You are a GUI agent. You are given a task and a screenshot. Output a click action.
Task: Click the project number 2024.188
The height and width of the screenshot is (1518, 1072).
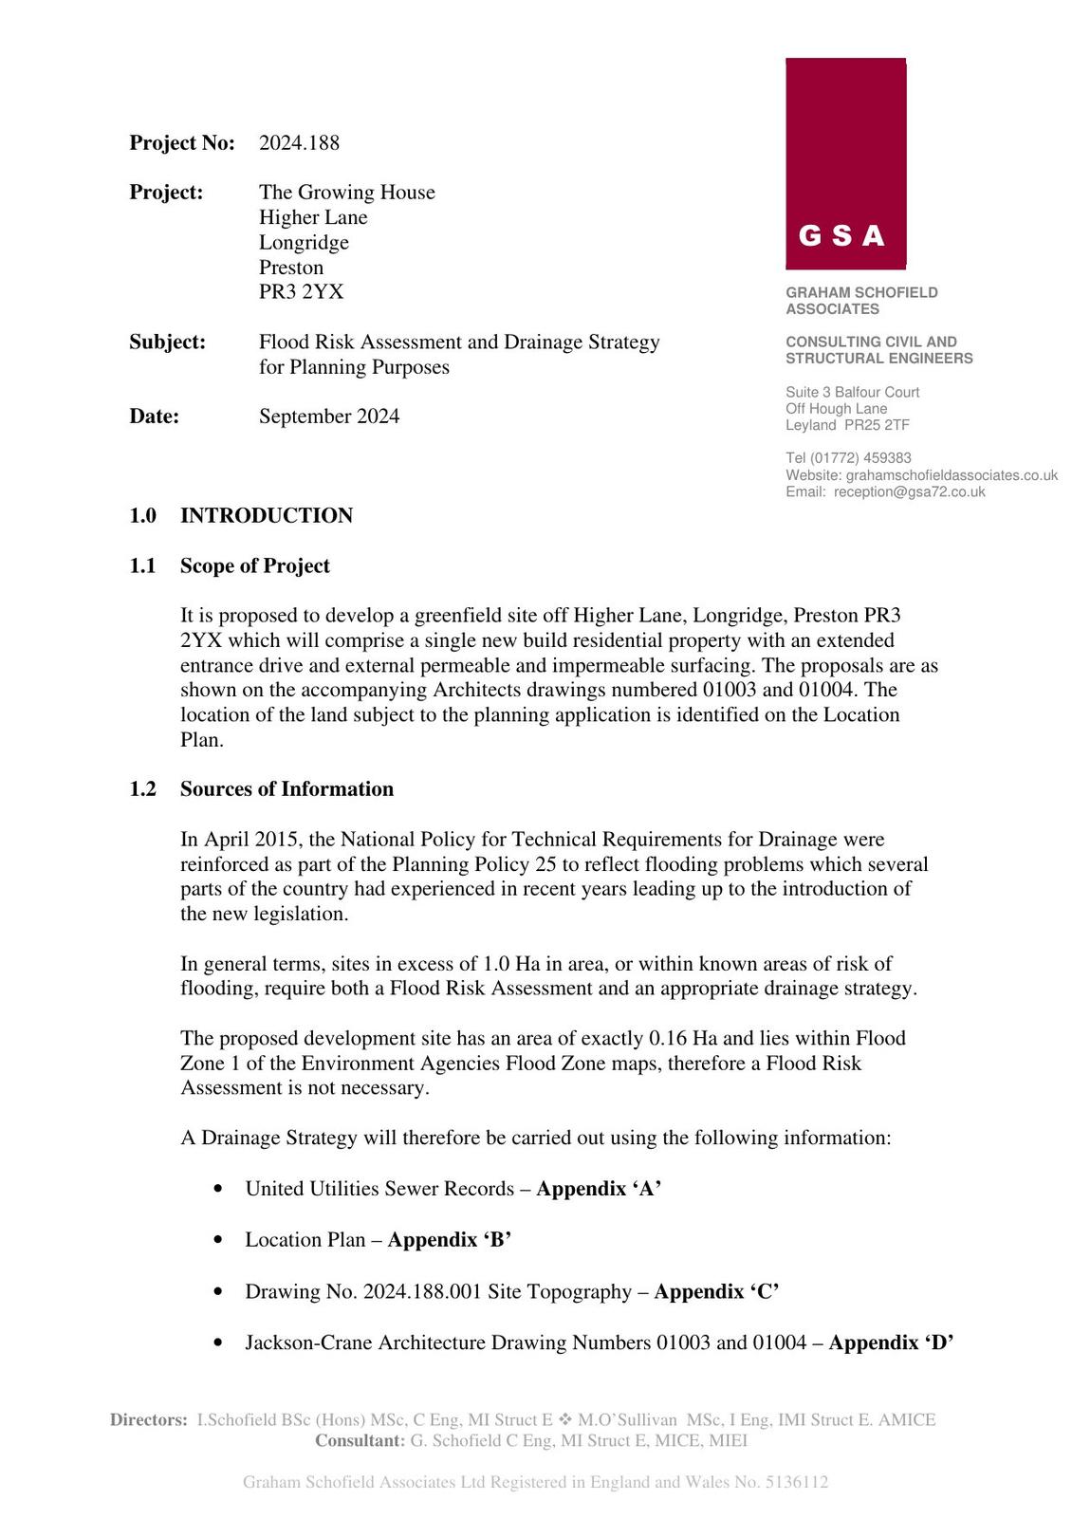pyautogui.click(x=299, y=143)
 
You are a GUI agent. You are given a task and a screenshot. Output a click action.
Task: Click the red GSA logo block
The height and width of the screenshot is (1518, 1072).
pyautogui.click(x=845, y=163)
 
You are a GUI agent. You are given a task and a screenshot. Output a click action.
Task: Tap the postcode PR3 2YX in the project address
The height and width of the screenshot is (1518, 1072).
pyautogui.click(x=301, y=292)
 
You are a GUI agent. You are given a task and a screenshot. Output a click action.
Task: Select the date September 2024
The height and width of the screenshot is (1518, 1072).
pyautogui.click(x=329, y=417)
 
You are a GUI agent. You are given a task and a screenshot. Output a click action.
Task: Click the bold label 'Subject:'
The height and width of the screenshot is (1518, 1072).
pyautogui.click(x=167, y=342)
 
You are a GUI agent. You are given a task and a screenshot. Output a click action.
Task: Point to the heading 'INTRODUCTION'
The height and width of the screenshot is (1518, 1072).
pyautogui.click(x=267, y=516)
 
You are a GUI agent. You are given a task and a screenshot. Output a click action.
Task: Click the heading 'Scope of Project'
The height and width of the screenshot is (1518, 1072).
pyautogui.click(x=255, y=566)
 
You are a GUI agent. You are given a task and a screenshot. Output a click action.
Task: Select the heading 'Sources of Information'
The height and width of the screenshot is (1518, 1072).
pyautogui.click(x=286, y=789)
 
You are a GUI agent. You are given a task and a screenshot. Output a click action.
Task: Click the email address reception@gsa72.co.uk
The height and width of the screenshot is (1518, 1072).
pyautogui.click(x=909, y=492)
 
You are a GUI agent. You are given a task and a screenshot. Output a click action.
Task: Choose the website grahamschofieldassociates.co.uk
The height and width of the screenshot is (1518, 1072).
pyautogui.click(x=952, y=475)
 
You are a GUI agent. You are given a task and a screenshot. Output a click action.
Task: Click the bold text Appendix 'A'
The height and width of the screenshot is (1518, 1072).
pyautogui.click(x=599, y=1189)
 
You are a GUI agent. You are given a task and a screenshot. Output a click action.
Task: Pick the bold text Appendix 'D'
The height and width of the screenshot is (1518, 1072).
pyautogui.click(x=891, y=1342)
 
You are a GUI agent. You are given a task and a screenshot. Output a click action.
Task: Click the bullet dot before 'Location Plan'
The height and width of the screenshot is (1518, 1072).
pyautogui.click(x=220, y=1240)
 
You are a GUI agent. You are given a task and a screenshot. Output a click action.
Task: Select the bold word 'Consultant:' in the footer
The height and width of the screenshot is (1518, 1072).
pyautogui.click(x=360, y=1441)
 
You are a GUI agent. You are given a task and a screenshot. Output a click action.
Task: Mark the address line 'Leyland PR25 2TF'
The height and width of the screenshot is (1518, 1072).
pyautogui.click(x=847, y=425)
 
